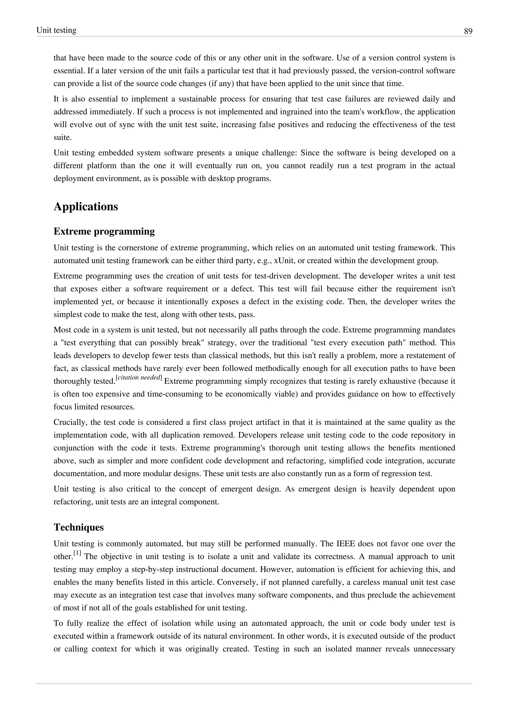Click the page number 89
468,31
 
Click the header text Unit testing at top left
56,30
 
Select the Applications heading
86,207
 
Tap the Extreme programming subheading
104,231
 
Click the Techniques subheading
79,527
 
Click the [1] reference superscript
77,553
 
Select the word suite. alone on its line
62,137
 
